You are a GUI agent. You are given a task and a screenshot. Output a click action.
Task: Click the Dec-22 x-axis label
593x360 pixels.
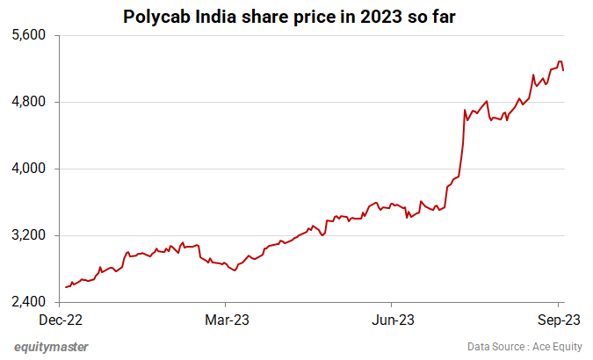pos(66,320)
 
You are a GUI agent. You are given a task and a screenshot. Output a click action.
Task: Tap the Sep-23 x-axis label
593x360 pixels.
pos(558,320)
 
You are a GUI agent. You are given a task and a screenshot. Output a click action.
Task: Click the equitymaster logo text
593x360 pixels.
pos(51,346)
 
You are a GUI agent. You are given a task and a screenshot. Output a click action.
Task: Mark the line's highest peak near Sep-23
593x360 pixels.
pos(559,61)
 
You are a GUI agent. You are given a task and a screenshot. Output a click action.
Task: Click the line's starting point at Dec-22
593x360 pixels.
pos(66,287)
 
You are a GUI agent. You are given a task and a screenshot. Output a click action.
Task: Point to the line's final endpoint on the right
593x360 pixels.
pos(563,70)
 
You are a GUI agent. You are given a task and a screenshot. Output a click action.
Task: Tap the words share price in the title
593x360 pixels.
pos(295,16)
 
